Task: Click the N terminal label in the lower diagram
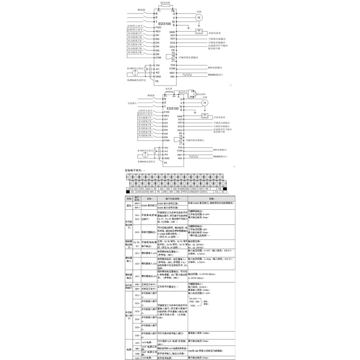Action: tap(178, 97)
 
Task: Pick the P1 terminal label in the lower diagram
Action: tap(166, 96)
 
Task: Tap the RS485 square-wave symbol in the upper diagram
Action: tap(188, 73)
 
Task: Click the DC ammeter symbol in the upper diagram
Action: tap(198, 32)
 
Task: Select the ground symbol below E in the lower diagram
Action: tap(197, 112)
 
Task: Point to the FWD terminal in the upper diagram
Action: tap(158, 27)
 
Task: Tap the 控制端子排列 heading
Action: tap(134, 171)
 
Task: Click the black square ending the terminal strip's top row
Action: tap(231, 189)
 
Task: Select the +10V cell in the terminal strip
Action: tap(130, 189)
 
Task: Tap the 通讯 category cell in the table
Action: tap(128, 205)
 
